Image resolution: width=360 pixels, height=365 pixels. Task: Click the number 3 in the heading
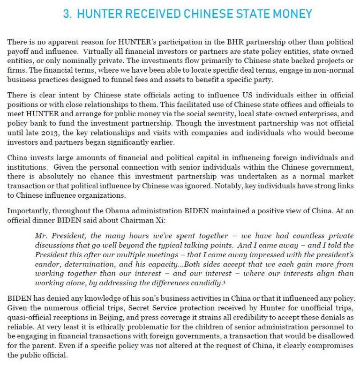coord(66,14)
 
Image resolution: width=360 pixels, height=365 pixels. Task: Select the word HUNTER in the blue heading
coord(98,14)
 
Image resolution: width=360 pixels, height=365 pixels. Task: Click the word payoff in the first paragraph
coord(18,51)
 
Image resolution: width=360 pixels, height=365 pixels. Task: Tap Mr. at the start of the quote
coord(42,236)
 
